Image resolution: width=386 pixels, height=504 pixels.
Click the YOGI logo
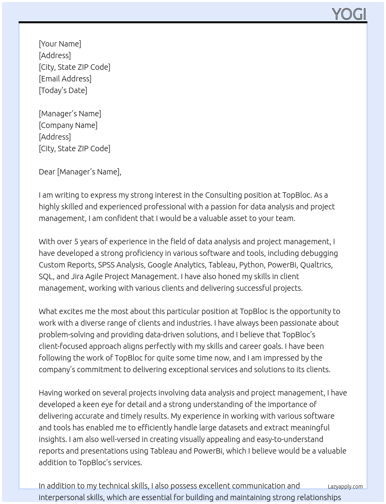click(x=349, y=14)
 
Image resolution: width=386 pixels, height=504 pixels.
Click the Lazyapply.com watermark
click(x=345, y=487)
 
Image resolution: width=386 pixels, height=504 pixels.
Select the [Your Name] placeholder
click(x=60, y=44)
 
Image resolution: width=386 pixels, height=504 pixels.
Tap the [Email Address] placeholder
click(x=65, y=79)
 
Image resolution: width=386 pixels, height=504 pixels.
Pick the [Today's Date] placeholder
click(x=63, y=90)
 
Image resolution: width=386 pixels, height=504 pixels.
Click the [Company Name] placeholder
click(x=68, y=125)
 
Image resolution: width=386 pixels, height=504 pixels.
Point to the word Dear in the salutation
click(x=47, y=172)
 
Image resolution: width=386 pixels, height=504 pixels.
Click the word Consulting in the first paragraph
click(x=223, y=195)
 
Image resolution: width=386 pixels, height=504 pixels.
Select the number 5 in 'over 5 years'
click(x=76, y=242)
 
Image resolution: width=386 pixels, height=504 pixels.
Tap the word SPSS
click(x=106, y=265)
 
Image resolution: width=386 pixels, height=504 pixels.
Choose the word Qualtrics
click(x=316, y=265)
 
